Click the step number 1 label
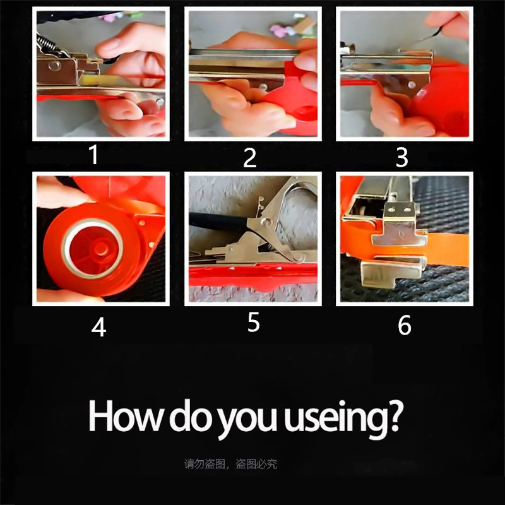[93, 155]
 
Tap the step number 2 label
[250, 158]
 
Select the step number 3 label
[402, 157]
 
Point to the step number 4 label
[98, 327]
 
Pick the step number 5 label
[254, 322]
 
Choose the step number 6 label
[405, 325]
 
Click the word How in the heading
[124, 415]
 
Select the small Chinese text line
[230, 464]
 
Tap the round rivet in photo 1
[55, 66]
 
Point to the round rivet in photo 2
[263, 87]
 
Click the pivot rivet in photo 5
[266, 222]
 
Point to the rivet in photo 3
[412, 85]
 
